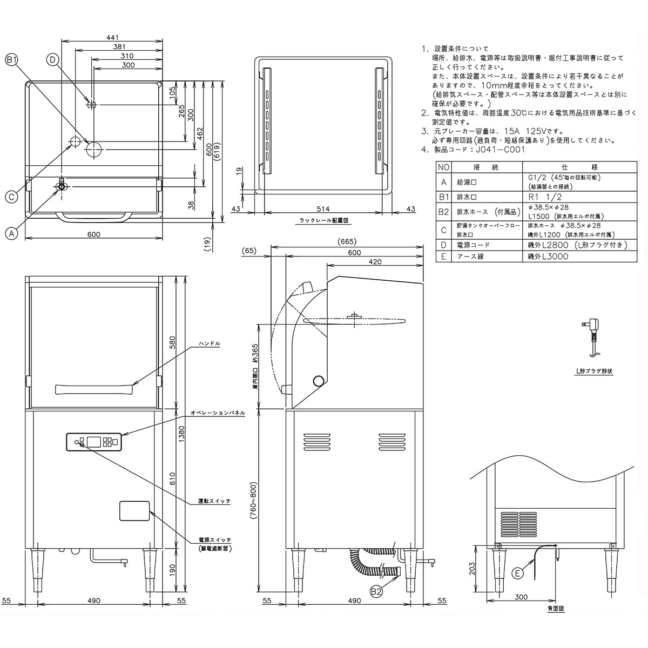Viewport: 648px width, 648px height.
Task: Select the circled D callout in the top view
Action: tap(52, 60)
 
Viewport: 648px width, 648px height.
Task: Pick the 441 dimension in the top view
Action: tap(112, 37)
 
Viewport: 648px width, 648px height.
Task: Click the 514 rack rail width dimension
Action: tap(323, 209)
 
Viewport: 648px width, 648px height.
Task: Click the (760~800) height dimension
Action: tap(254, 501)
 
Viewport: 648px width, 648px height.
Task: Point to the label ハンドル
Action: tap(209, 343)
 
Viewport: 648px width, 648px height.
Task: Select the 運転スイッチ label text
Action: tap(214, 501)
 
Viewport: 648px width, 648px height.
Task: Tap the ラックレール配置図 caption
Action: tap(323, 221)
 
